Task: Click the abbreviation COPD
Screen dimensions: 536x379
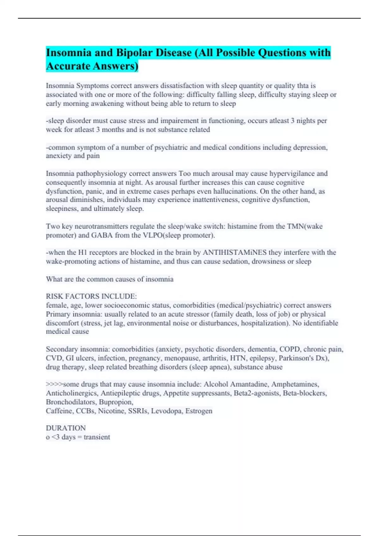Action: pos(290,349)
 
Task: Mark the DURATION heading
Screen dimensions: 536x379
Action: pos(66,428)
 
